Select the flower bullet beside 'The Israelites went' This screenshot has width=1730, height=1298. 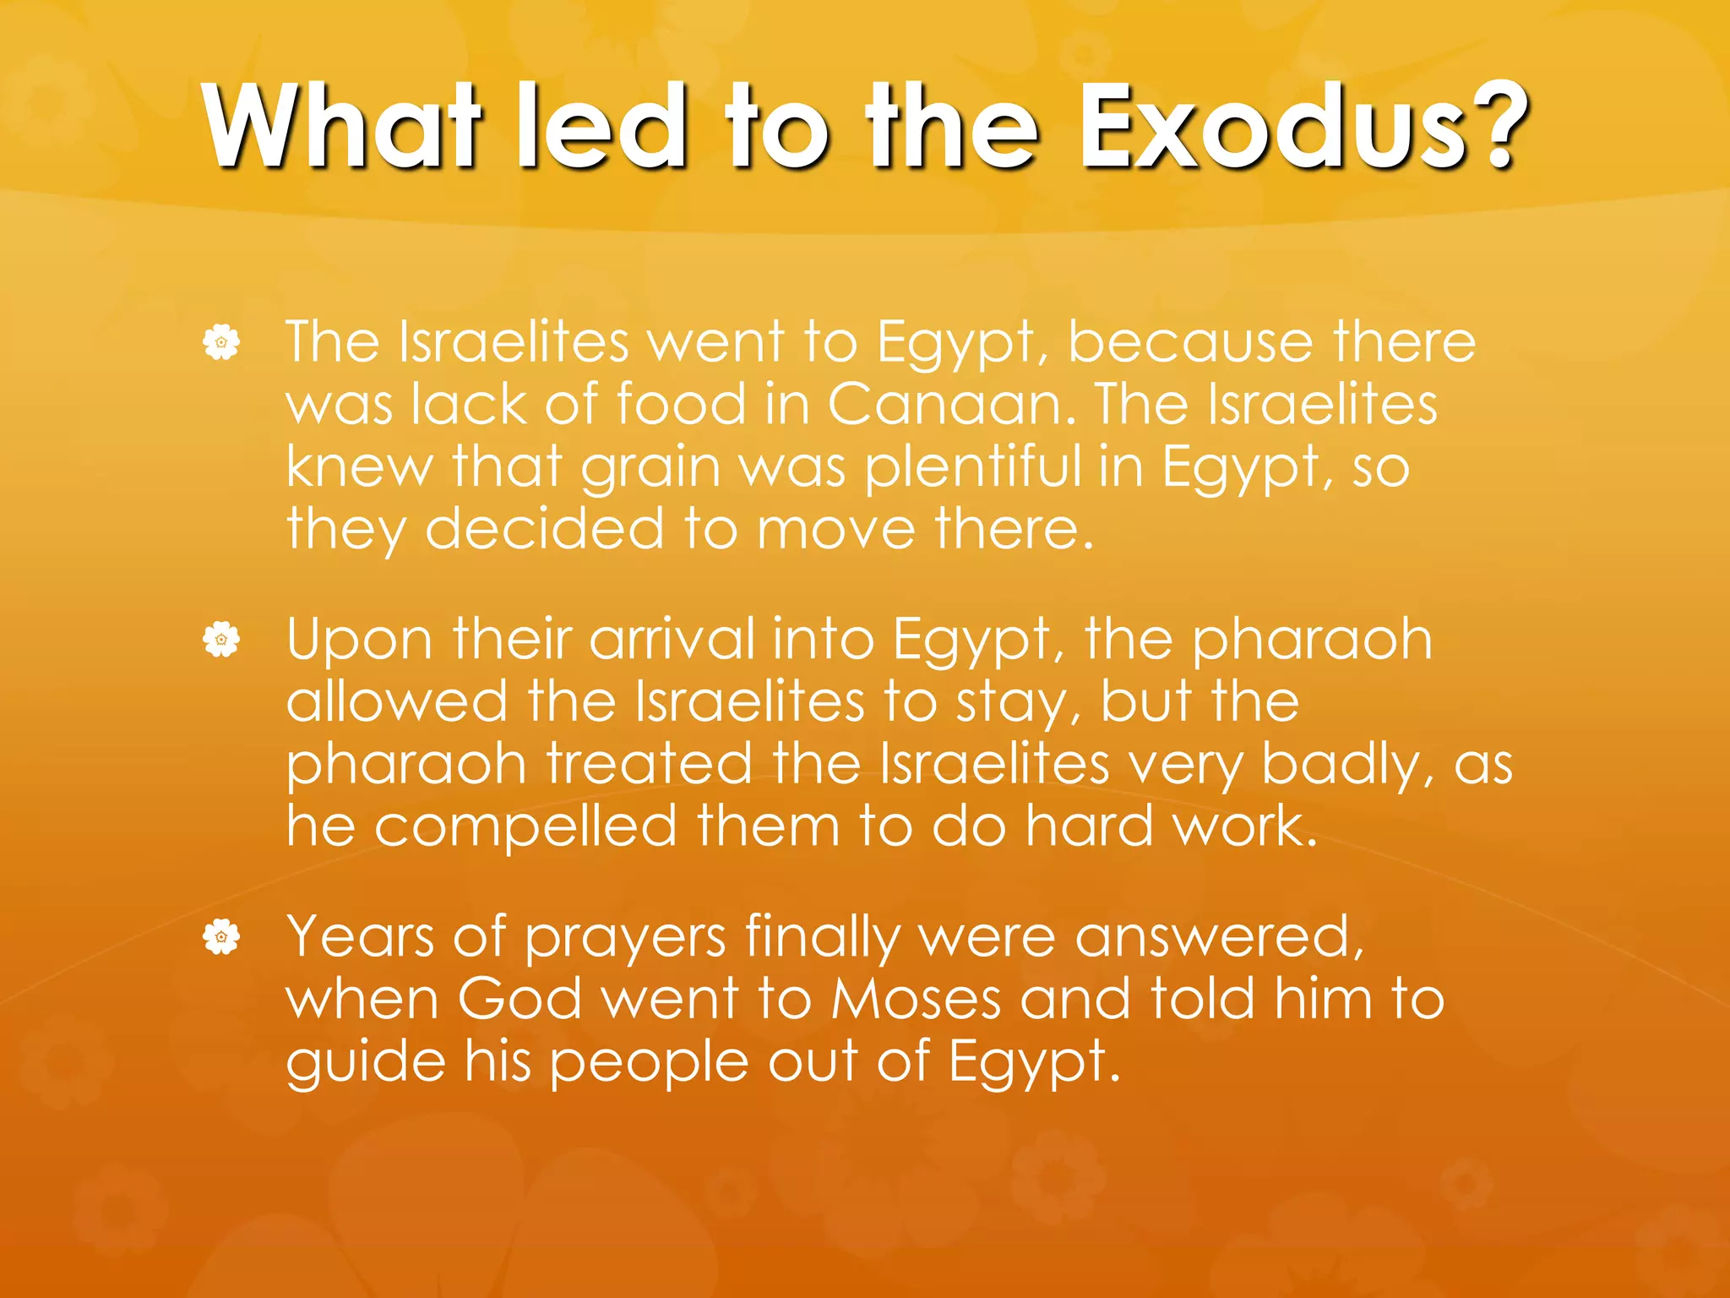pos(221,343)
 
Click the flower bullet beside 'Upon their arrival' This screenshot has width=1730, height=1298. pos(221,640)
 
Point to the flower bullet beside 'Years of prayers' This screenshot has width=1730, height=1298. pos(221,937)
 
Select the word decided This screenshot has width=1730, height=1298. pos(544,529)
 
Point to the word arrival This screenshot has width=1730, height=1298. pos(672,639)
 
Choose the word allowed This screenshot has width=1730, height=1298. pos(397,701)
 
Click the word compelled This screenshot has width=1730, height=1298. pos(525,827)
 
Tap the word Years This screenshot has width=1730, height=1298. pos(360,936)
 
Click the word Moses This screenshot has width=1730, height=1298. pos(916,999)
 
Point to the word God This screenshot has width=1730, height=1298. pos(520,999)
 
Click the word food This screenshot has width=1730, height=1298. pos(681,404)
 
